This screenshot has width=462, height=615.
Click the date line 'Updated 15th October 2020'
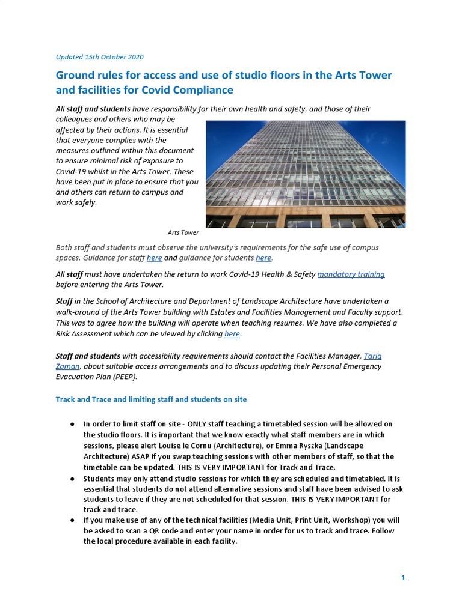[99, 57]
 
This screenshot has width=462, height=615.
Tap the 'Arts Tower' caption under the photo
[183, 232]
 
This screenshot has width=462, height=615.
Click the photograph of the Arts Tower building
[306, 174]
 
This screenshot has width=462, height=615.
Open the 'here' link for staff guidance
[154, 258]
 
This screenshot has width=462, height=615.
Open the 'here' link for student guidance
[263, 258]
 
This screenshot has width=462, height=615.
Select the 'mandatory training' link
[351, 274]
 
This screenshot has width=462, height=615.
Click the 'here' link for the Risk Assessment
[232, 333]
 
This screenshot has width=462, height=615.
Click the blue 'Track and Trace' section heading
[151, 399]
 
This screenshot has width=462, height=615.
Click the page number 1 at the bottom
[403, 578]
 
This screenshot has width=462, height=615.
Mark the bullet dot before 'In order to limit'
[72, 424]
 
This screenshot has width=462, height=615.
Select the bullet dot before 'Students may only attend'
[72, 479]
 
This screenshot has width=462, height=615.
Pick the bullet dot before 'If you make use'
[72, 520]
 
